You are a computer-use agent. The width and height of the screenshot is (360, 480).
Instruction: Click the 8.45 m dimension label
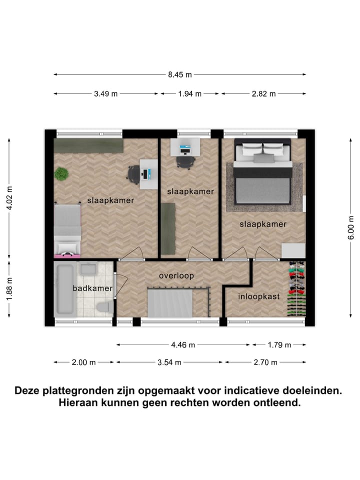[x=180, y=75]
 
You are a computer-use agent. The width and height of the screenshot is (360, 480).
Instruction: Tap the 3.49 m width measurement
[x=105, y=94]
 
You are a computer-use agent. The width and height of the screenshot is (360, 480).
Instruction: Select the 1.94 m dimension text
[x=189, y=94]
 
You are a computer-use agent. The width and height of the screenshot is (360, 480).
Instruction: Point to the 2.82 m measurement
[x=263, y=94]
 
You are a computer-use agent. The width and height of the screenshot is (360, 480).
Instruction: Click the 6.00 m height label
[x=351, y=228]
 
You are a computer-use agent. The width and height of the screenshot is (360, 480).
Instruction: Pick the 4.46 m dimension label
[x=183, y=344]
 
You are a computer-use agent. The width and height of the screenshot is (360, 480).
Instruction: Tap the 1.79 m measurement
[x=278, y=344]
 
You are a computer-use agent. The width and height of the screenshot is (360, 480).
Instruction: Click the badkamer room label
[x=88, y=288]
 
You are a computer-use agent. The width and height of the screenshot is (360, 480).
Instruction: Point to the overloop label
[x=176, y=275]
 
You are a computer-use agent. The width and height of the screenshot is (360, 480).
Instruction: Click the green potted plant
[x=61, y=174]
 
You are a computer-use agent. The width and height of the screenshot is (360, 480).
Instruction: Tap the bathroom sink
[x=89, y=269]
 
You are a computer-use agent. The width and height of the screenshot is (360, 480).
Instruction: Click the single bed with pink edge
[x=67, y=230]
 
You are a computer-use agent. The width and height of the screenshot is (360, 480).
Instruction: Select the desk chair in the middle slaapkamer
[x=184, y=162]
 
